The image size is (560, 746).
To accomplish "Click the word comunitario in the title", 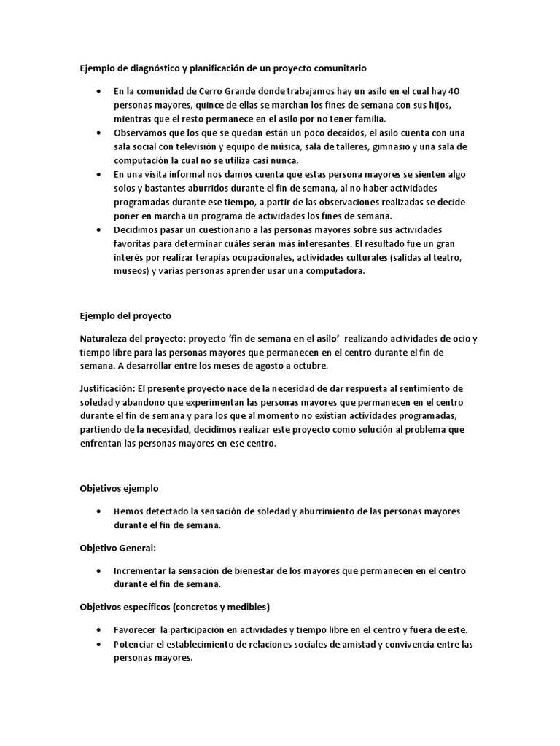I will pos(338,68).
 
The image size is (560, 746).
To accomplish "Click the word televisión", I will pos(191,146).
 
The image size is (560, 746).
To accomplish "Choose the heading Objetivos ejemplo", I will pos(119,488).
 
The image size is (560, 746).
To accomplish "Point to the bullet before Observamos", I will pos(98,133).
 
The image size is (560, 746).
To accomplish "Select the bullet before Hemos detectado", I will pos(98,511).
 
